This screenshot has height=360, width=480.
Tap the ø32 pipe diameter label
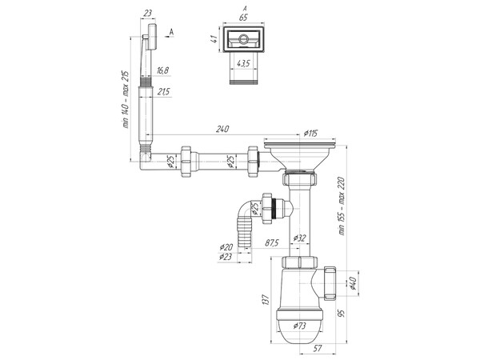[302, 238]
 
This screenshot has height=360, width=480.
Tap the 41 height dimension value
[215, 38]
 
